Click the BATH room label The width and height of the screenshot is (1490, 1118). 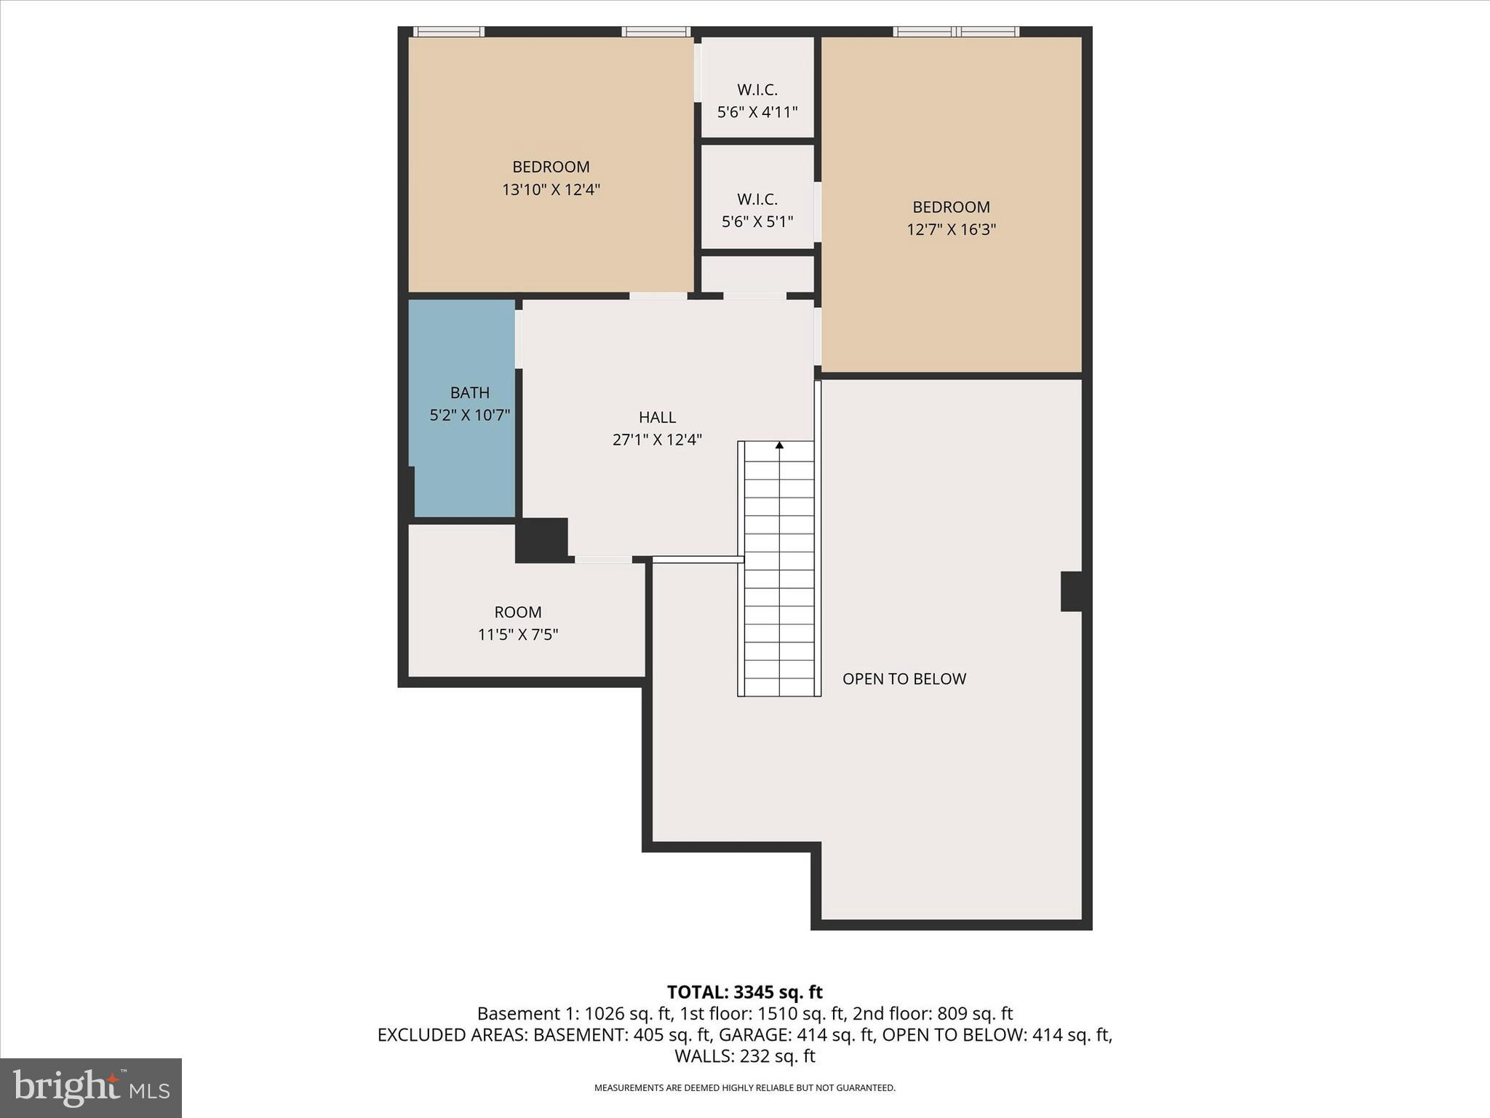[x=469, y=393]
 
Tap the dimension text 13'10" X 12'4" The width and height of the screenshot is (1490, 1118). [x=551, y=190]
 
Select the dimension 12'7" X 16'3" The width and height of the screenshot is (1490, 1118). [x=951, y=230]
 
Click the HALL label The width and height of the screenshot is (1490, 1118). [x=657, y=417]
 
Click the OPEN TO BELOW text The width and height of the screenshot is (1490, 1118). [x=904, y=679]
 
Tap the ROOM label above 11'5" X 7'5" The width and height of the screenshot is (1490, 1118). [x=518, y=612]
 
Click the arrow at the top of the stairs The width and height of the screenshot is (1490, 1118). [x=779, y=445]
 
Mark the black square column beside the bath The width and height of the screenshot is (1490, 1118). [x=541, y=540]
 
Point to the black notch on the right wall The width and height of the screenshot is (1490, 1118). [x=1072, y=591]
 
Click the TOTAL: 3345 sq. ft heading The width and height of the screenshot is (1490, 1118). [x=744, y=992]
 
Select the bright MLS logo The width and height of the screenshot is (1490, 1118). [x=91, y=1088]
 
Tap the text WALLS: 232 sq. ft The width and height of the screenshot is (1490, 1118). [x=744, y=1056]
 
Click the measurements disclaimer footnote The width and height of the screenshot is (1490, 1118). [x=744, y=1088]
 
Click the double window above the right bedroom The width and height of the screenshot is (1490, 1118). [x=956, y=31]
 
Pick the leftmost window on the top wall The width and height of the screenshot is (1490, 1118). [x=449, y=31]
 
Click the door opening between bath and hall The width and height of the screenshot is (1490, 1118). [x=519, y=339]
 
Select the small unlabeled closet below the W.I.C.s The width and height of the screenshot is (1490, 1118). [x=757, y=274]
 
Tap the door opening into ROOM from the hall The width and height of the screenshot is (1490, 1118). [x=603, y=559]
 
